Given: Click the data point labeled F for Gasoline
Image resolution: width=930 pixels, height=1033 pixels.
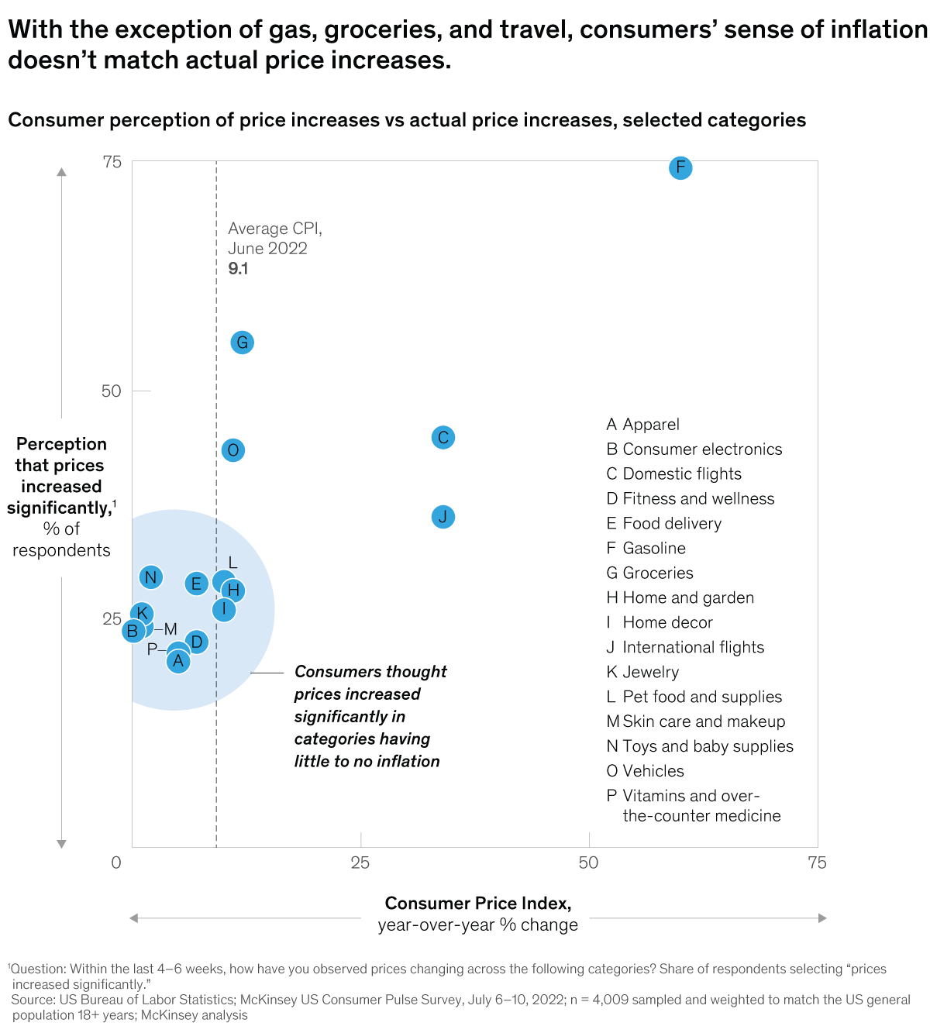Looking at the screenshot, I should click(x=680, y=167).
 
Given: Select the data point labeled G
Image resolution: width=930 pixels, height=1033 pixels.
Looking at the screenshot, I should click(x=243, y=343).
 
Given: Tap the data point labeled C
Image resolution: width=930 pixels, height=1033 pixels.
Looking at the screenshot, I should click(x=443, y=438).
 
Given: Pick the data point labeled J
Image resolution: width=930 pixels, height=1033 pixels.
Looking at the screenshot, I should click(x=443, y=517).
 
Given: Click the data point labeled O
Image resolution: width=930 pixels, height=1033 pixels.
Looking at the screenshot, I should click(x=232, y=450).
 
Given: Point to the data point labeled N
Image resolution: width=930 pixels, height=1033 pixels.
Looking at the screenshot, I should click(x=151, y=577).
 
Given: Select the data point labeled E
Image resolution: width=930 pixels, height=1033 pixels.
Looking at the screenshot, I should click(x=196, y=584).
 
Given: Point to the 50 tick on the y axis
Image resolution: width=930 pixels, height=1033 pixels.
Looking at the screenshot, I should click(x=112, y=391).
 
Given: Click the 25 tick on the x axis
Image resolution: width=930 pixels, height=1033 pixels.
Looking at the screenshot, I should click(x=360, y=863).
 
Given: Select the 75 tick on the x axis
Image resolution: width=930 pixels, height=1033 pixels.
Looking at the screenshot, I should click(x=817, y=863).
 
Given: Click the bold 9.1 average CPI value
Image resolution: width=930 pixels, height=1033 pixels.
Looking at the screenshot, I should click(x=238, y=269).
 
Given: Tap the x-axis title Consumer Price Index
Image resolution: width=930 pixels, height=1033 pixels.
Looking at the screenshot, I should click(x=477, y=904).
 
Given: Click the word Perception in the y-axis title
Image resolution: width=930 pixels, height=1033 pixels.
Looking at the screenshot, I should click(x=61, y=445).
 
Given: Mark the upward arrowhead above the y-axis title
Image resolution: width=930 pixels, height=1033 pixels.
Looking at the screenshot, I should click(x=62, y=171).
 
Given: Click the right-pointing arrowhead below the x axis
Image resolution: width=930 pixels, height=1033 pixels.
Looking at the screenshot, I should click(x=822, y=918).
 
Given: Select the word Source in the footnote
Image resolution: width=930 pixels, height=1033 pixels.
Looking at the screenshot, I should click(x=33, y=1000).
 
